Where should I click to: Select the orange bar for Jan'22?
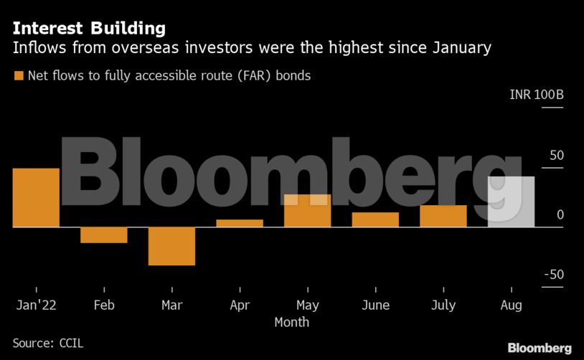point(36,198)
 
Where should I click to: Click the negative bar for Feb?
point(104,235)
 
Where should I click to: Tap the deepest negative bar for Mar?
point(172,246)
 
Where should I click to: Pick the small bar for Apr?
point(240,223)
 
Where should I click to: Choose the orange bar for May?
point(308,211)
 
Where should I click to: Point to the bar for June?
point(375,219)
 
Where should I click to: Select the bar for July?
point(443,216)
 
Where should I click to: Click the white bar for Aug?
point(511,202)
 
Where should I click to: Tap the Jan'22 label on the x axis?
point(36,305)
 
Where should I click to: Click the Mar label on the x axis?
point(172,305)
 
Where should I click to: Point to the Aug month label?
point(511,305)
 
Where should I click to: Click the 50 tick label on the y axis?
point(556,156)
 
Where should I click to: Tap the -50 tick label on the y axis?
point(553,275)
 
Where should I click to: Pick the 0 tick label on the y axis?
point(560,215)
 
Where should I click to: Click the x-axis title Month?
point(292,322)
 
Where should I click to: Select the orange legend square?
point(18,75)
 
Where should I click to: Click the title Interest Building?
point(89,29)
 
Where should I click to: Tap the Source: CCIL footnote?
point(48,343)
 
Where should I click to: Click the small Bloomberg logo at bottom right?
point(540,348)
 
